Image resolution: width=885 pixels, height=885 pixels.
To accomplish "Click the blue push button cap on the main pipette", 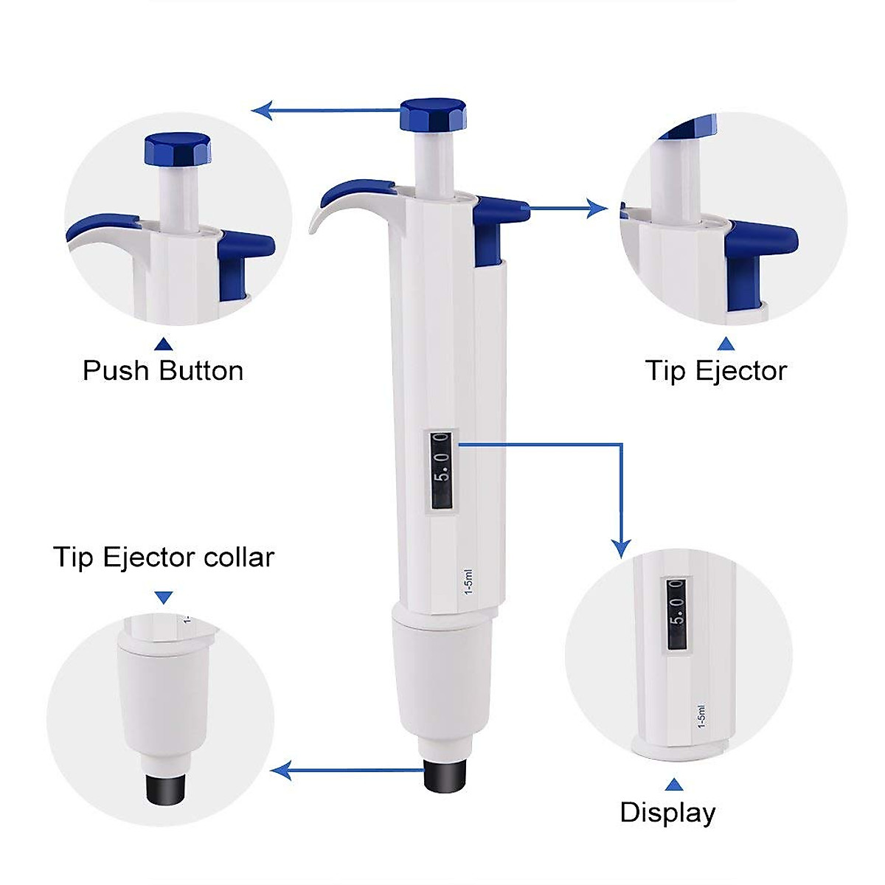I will [x=433, y=115].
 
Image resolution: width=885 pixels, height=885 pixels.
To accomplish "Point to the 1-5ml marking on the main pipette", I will [x=465, y=586].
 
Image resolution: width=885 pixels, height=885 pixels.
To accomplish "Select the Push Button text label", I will [x=163, y=370].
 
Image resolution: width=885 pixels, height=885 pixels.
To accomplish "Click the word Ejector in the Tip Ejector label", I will [x=741, y=370].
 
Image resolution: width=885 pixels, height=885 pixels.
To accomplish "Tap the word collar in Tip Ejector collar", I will [x=240, y=557].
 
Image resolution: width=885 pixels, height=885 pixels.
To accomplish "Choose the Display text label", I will [x=667, y=812].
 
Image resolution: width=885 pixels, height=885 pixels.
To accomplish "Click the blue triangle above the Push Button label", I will [x=164, y=344].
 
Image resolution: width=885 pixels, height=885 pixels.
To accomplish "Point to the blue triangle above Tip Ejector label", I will [x=726, y=344].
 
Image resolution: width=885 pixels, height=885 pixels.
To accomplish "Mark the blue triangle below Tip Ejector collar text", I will [x=164, y=597].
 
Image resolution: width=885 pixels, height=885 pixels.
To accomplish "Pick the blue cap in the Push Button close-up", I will [x=177, y=150].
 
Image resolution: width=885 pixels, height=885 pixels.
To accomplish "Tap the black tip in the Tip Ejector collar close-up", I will [x=165, y=791].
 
